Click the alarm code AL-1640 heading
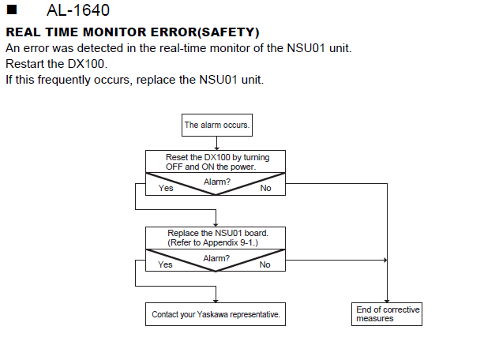click(78, 10)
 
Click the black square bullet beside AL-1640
click(12, 10)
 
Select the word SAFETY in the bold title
click(229, 32)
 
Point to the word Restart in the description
click(25, 64)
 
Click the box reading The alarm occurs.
click(217, 125)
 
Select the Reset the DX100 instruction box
click(216, 162)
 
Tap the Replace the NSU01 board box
click(216, 238)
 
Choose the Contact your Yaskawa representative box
click(216, 314)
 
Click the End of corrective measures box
click(387, 314)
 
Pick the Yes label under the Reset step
click(166, 188)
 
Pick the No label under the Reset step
click(265, 188)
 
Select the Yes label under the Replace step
click(165, 264)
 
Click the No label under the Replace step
click(265, 264)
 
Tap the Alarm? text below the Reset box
click(217, 182)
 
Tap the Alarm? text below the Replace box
click(216, 258)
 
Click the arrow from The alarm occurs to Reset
click(216, 143)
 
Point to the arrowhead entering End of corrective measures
click(387, 301)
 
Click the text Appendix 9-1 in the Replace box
click(229, 242)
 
